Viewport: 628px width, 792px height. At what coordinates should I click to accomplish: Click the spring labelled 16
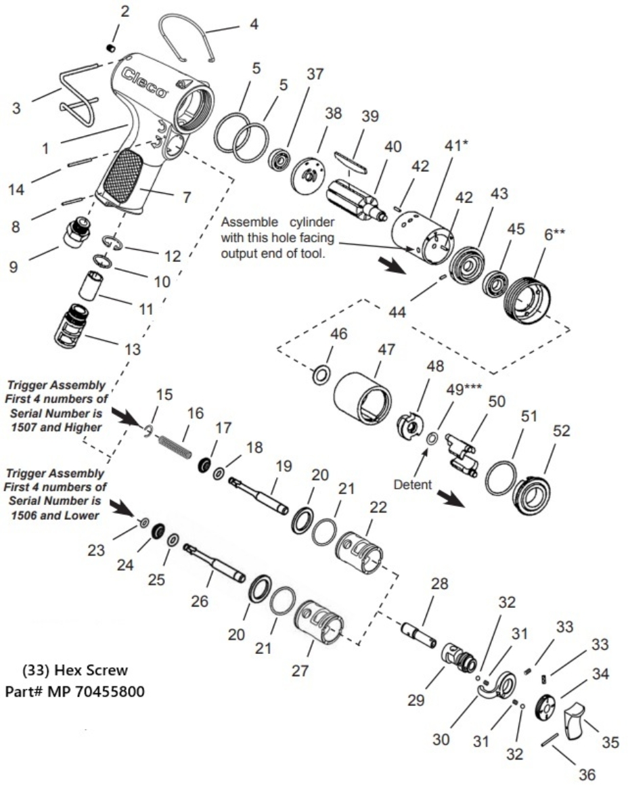click(x=175, y=446)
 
